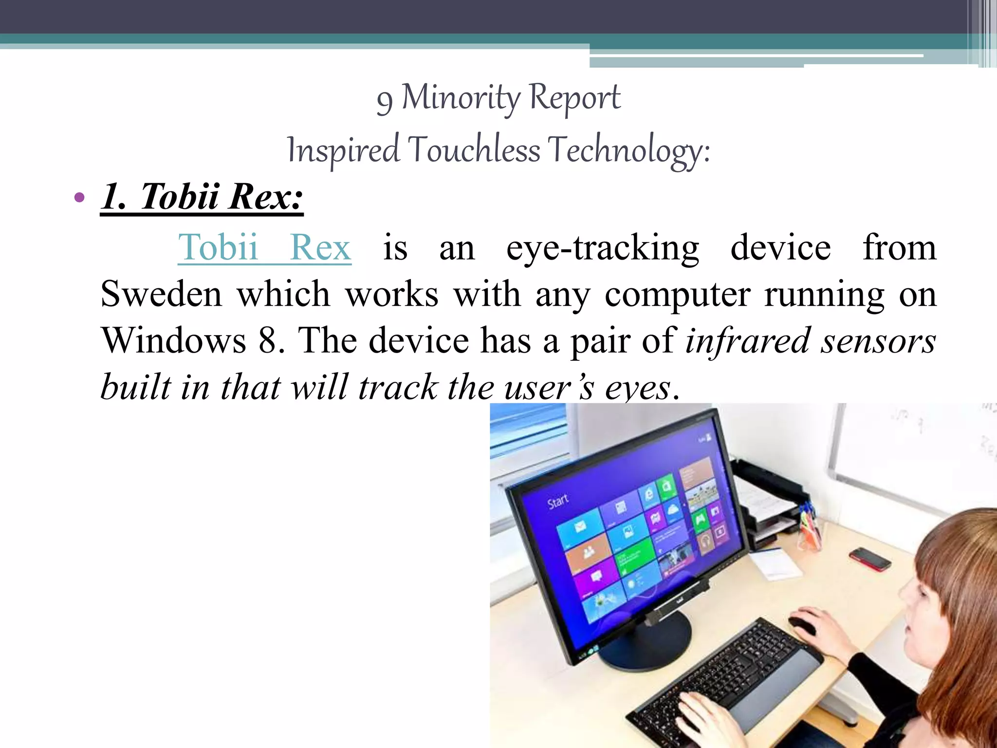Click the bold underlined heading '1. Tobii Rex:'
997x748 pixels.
click(202, 197)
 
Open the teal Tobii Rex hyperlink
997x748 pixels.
click(264, 247)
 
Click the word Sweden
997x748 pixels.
click(161, 294)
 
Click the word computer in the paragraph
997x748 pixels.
click(677, 295)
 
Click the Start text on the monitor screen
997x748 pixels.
click(558, 501)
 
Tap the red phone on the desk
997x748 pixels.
click(870, 559)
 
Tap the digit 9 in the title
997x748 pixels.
click(384, 101)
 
